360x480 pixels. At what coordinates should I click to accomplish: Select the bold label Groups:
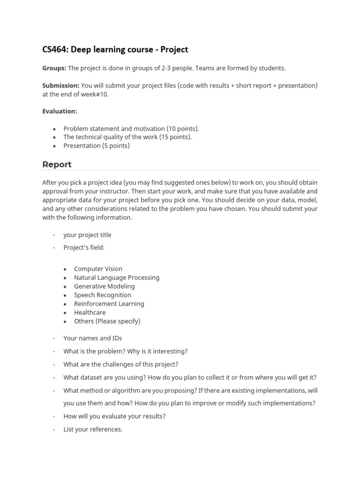pos(54,68)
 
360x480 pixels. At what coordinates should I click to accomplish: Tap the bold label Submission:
pos(61,85)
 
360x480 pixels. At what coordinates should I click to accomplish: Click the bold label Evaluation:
pos(60,111)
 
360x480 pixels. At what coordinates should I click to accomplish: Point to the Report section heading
pos(57,165)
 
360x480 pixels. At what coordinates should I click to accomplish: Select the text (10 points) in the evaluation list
pos(181,128)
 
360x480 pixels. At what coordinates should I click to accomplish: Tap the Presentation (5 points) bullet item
pos(97,146)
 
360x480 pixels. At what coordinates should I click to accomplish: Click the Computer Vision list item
pos(98,269)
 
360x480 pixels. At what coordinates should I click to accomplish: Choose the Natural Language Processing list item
pos(117,277)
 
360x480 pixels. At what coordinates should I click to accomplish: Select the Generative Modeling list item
pos(104,286)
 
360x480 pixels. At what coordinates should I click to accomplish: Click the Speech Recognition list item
pos(103,295)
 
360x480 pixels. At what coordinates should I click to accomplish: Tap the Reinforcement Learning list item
pos(109,304)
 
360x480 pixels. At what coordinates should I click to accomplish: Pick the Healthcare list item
pos(90,312)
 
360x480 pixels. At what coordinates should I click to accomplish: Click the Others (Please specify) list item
pos(107,321)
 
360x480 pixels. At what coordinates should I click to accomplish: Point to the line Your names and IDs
pos(92,338)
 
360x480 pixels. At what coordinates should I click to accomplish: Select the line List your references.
pos(93,429)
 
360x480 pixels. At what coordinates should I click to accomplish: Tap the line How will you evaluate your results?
pos(114,416)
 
